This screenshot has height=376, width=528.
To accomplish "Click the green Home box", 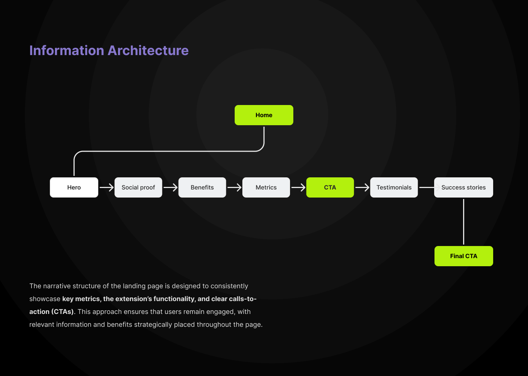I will (x=264, y=115).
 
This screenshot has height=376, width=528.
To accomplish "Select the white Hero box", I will (x=74, y=187).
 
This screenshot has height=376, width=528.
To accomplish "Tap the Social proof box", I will (x=138, y=187).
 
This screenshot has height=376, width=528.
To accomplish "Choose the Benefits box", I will (x=202, y=187).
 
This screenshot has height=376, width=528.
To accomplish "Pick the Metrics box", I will (x=266, y=187).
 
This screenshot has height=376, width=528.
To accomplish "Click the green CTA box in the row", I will (x=330, y=187).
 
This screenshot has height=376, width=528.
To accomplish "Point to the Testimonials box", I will (x=394, y=187).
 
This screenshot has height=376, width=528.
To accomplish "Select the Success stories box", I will (x=463, y=187).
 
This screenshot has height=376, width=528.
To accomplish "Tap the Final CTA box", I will (x=463, y=256).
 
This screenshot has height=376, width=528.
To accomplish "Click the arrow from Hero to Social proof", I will (x=106, y=187).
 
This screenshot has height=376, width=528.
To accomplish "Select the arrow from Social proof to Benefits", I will (x=170, y=187).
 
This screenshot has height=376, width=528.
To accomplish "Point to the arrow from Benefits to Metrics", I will (x=234, y=187).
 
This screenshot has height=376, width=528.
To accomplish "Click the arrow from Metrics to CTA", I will (x=298, y=187).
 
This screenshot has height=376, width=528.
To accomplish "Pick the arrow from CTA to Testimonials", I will (x=362, y=187).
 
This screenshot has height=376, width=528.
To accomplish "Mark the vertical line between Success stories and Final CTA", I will (x=463, y=222).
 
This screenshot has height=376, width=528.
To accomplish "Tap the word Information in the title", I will (x=67, y=50).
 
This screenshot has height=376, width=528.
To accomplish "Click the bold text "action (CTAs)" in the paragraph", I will (x=51, y=312).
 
